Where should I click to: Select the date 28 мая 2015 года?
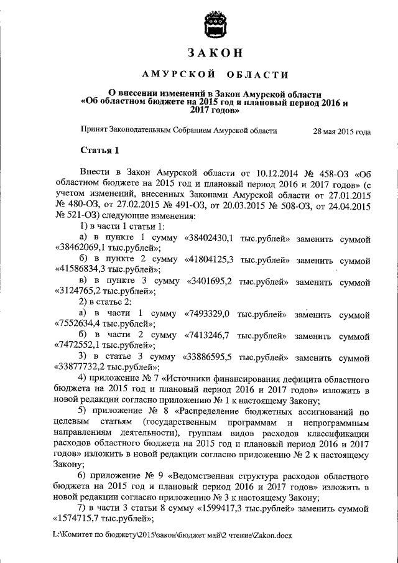[x=342, y=132]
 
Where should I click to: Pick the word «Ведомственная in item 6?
[x=204, y=475]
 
